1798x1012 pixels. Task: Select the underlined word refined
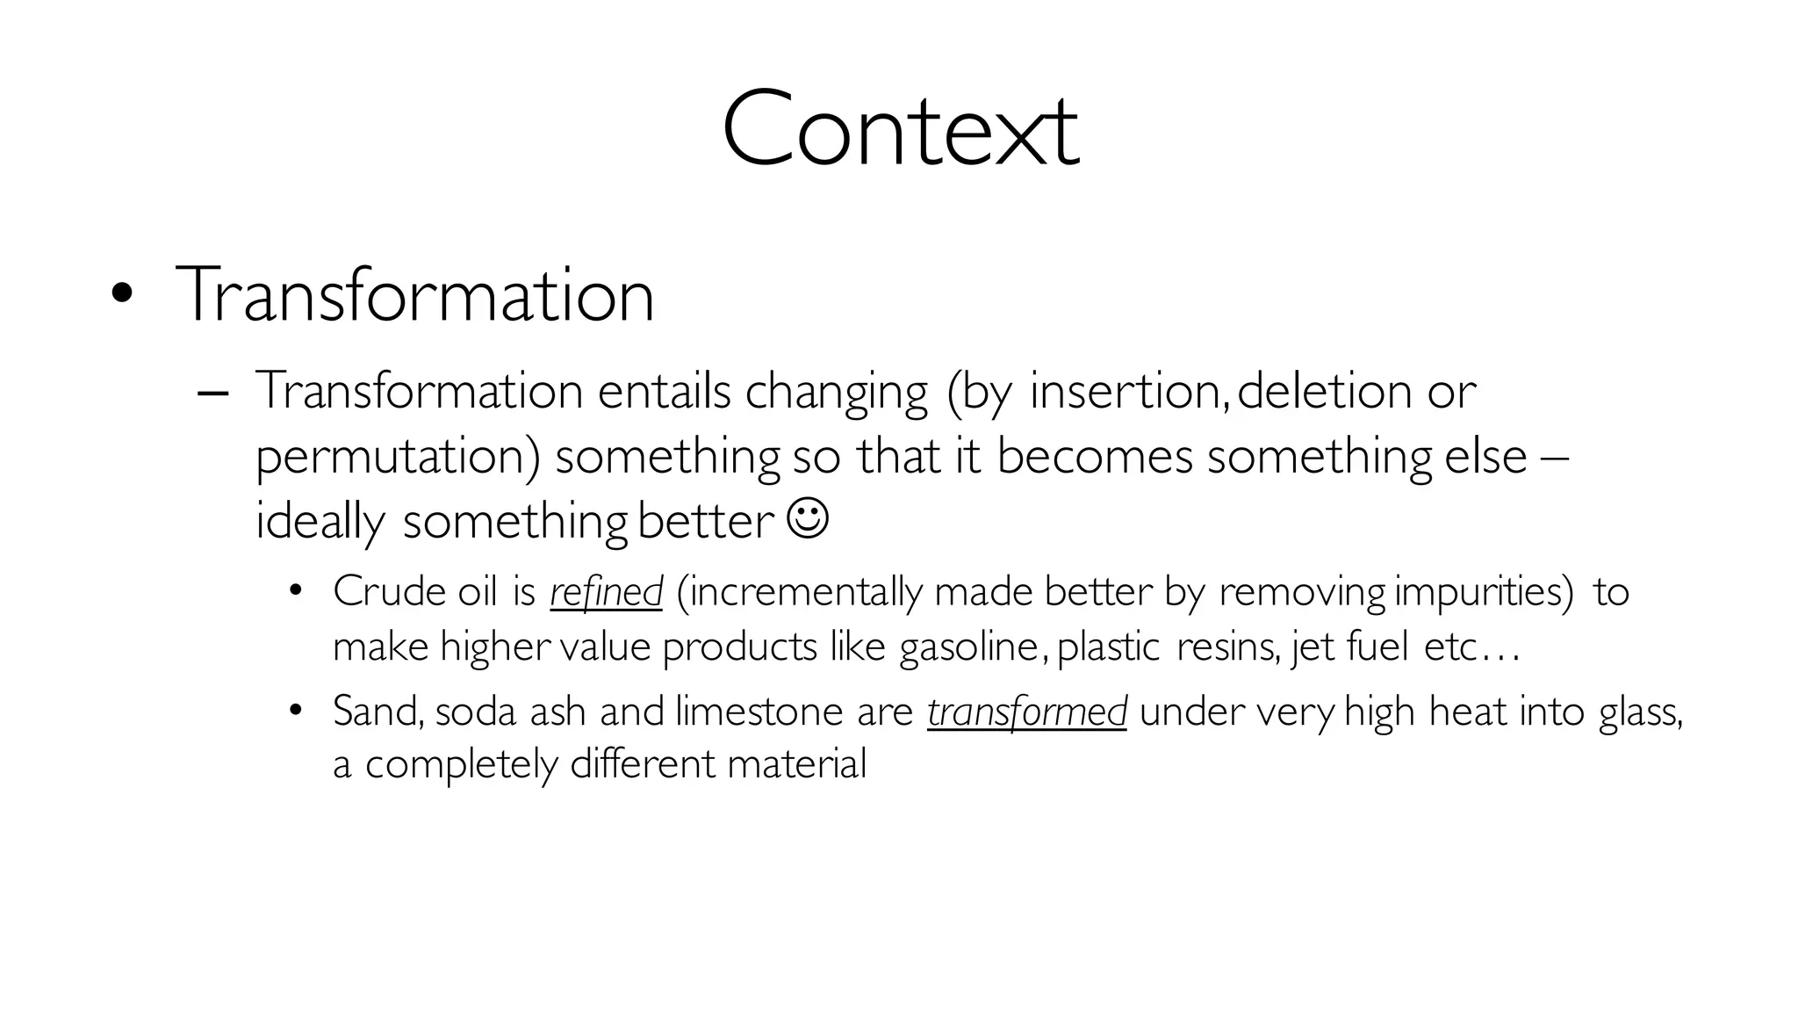(x=606, y=592)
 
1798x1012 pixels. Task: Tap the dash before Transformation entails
(x=213, y=393)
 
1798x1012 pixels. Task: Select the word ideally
(x=320, y=522)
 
